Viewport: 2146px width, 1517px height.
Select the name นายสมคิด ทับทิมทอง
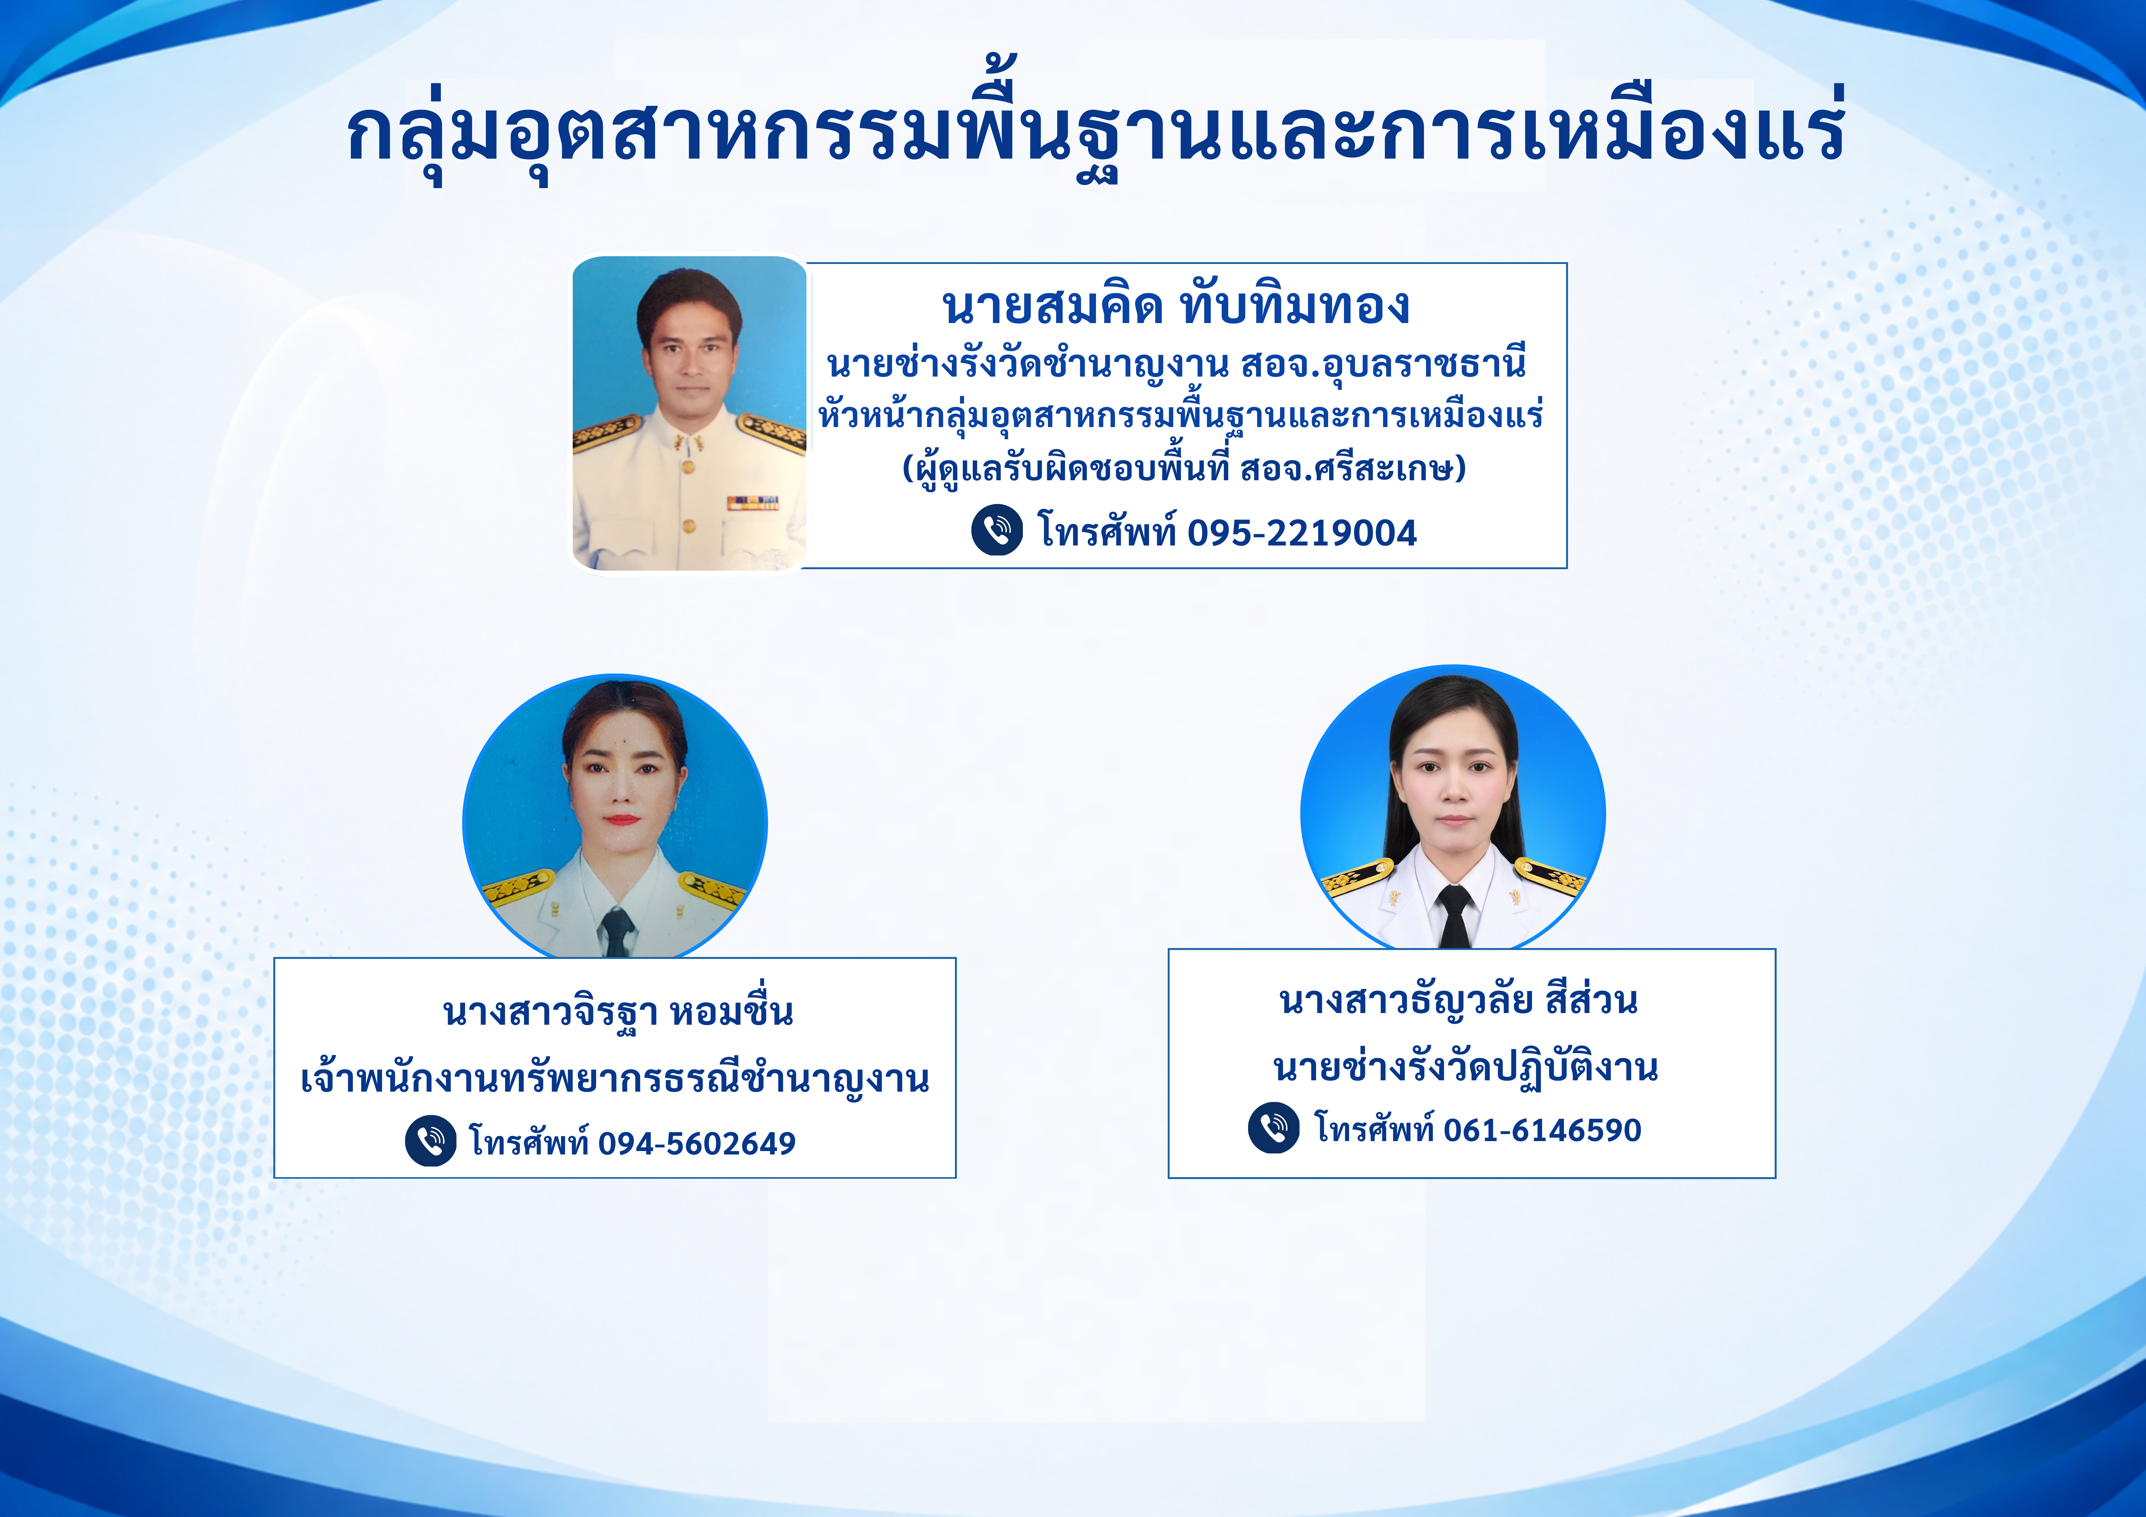[1176, 306]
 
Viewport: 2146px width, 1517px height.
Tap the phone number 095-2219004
[1302, 533]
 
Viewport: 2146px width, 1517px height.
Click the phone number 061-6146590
[1542, 1130]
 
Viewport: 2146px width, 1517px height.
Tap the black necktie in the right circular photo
[1454, 916]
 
